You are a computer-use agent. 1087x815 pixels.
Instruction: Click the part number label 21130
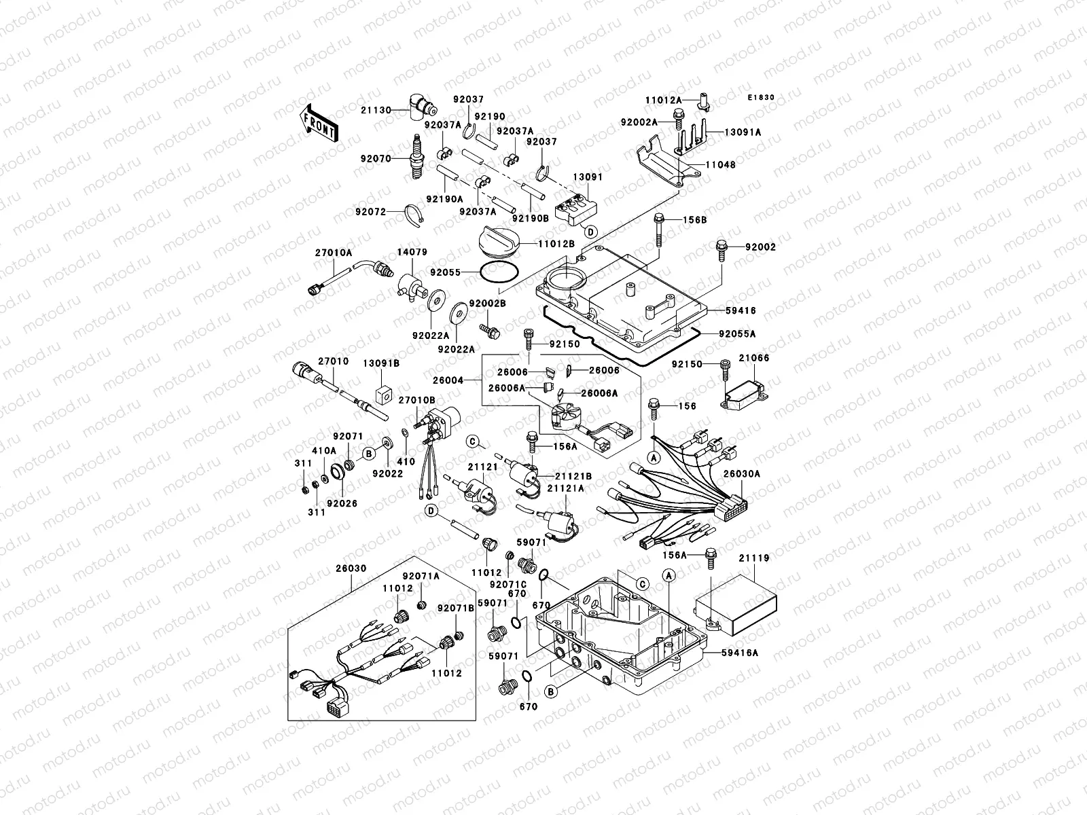[374, 109]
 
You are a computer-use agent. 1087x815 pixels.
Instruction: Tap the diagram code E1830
[761, 98]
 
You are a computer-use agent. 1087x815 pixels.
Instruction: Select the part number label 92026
[342, 504]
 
